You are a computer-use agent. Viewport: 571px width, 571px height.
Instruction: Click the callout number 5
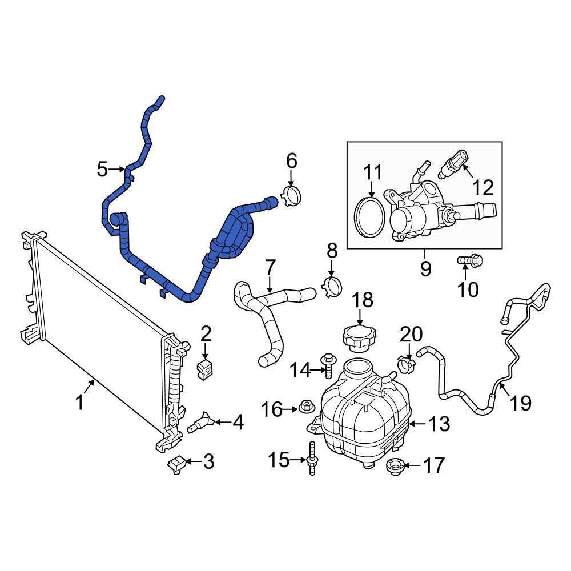102,169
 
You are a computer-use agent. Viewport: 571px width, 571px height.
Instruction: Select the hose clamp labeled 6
292,196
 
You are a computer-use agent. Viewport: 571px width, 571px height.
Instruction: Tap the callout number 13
439,424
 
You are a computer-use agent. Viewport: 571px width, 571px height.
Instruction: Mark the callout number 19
521,403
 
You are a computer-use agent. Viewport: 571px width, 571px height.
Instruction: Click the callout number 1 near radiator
80,403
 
